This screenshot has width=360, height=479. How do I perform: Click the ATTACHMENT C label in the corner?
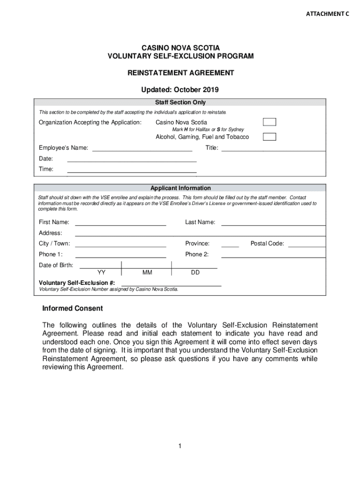pyautogui.click(x=327, y=14)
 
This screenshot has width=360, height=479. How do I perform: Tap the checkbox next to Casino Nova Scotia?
pyautogui.click(x=269, y=122)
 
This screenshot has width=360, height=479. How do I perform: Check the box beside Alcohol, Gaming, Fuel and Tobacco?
pyautogui.click(x=269, y=137)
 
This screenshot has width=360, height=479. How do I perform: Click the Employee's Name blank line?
pyautogui.click(x=142, y=150)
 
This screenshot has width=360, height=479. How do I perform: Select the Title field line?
pyautogui.click(x=273, y=150)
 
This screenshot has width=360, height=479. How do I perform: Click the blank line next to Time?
pyautogui.click(x=132, y=172)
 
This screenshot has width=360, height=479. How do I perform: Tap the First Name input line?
pyautogui.click(x=121, y=225)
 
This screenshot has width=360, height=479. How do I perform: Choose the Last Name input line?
pyautogui.click(x=273, y=225)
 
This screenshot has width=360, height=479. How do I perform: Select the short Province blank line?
pyautogui.click(x=230, y=246)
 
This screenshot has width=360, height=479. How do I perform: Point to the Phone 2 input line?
pyautogui.click(x=273, y=256)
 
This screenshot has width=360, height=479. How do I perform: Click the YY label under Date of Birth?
pyautogui.click(x=101, y=272)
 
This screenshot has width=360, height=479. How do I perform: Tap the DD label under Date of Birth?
pyautogui.click(x=195, y=272)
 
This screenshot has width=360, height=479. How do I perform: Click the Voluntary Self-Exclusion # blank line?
pyautogui.click(x=171, y=285)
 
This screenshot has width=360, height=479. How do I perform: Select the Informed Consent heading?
pyautogui.click(x=72, y=309)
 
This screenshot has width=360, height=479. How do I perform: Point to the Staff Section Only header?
pyautogui.click(x=180, y=102)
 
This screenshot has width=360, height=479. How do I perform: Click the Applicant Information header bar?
pyautogui.click(x=180, y=188)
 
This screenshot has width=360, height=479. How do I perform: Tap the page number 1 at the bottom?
pyautogui.click(x=180, y=446)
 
